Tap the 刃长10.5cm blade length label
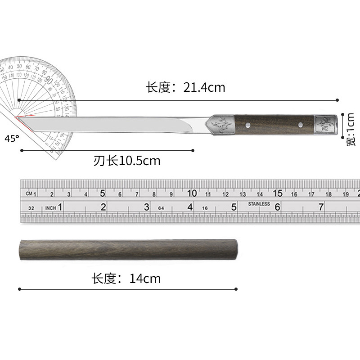coord(127,161)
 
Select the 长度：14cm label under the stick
coord(126,279)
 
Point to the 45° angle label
coord(12,139)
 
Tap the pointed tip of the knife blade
coord(17,117)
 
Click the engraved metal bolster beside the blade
coord(221,123)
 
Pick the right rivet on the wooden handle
coord(300,123)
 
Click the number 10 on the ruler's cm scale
coord(192,193)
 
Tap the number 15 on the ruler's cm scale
coord(278,193)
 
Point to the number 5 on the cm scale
coord(103,193)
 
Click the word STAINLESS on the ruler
coord(259,204)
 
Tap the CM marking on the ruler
coord(30,194)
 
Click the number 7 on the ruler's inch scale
coord(321,207)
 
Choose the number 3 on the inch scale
coord(146,207)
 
